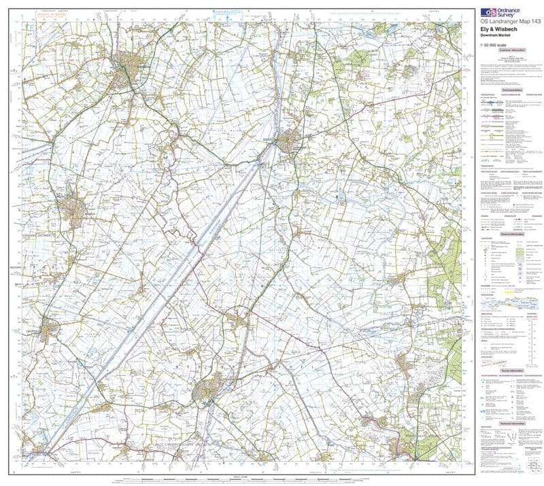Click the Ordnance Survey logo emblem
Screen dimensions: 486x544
[x=488, y=12]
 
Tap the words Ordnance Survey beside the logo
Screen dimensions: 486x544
[x=511, y=12]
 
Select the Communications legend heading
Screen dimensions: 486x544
[x=511, y=90]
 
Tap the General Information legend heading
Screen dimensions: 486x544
[x=511, y=233]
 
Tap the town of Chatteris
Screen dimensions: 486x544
[x=48, y=331]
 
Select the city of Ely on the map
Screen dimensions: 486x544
[x=207, y=392]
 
